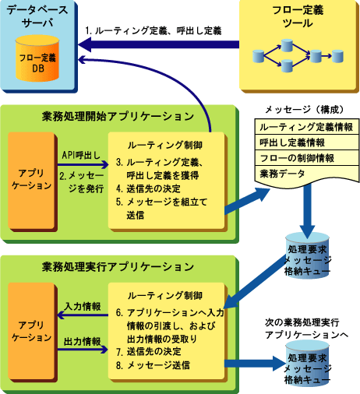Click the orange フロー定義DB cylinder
click(37, 58)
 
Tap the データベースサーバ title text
click(37, 16)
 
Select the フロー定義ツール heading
click(298, 16)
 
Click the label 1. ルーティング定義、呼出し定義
click(154, 31)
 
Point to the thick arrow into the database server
click(158, 44)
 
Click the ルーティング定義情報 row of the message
click(306, 127)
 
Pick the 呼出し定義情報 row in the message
click(306, 142)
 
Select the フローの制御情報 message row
click(306, 158)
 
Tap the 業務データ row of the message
click(306, 174)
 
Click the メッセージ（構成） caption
click(305, 110)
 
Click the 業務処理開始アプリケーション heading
click(118, 116)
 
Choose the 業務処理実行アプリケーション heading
click(118, 267)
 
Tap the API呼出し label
click(81, 155)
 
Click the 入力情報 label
click(83, 307)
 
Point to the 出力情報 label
click(82, 342)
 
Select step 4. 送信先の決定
click(148, 188)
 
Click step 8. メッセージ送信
click(153, 365)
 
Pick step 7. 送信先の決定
click(149, 352)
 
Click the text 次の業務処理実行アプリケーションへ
click(306, 329)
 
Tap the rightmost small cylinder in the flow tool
click(338, 56)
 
